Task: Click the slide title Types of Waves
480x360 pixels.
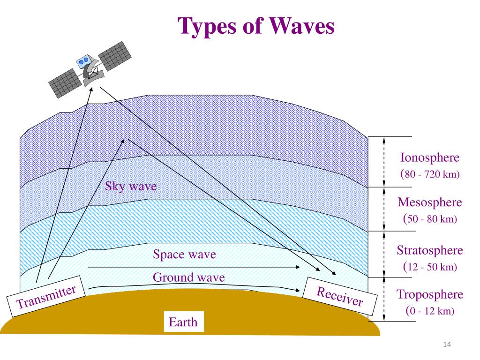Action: (x=256, y=26)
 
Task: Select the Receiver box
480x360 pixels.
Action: (x=340, y=296)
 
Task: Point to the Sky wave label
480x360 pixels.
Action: (x=131, y=187)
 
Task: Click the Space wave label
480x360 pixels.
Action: (x=184, y=255)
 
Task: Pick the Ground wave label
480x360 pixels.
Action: (x=188, y=277)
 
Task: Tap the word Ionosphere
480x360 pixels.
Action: (x=429, y=158)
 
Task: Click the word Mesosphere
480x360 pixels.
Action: (x=430, y=202)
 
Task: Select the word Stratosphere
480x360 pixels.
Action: (x=430, y=250)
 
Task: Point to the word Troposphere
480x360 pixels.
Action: (x=430, y=294)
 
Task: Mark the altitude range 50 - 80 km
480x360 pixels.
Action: (x=431, y=219)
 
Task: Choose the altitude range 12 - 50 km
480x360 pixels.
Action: (x=431, y=267)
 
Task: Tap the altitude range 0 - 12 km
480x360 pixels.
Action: (x=431, y=311)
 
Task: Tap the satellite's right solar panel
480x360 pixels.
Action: (x=115, y=55)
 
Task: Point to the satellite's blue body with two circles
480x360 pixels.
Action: (x=84, y=61)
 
